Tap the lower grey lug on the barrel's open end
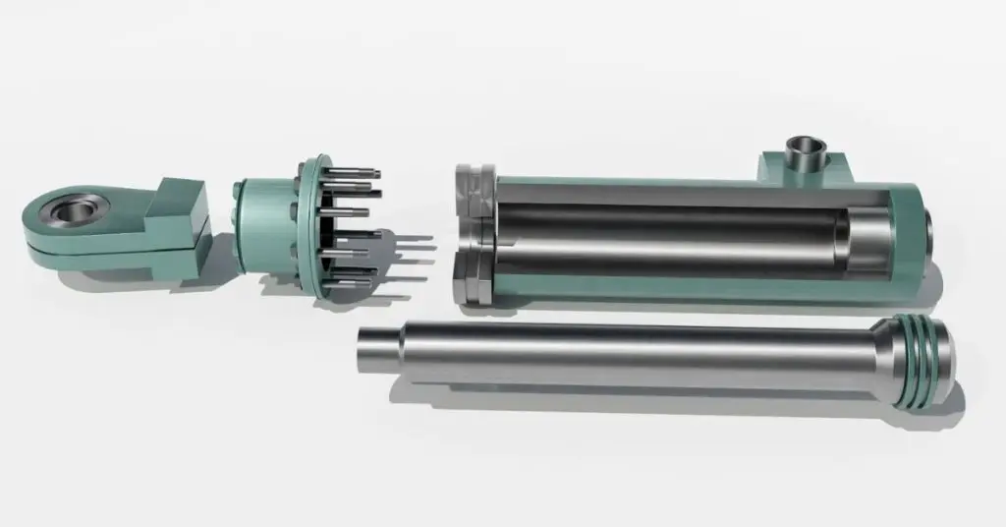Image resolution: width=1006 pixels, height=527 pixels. (470, 280)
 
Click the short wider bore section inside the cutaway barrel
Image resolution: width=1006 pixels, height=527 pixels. (861, 242)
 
